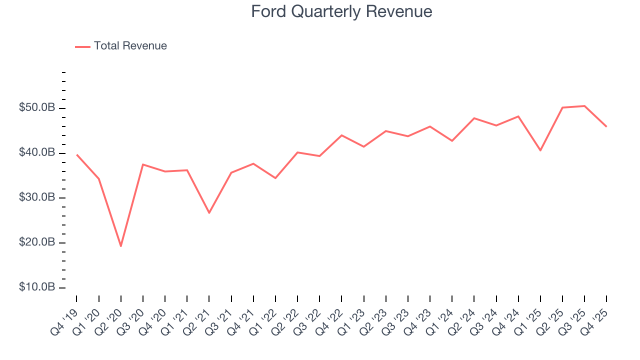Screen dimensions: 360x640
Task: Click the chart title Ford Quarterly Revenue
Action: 341,11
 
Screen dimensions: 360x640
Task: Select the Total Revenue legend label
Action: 130,46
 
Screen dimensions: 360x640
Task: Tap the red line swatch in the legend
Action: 82,46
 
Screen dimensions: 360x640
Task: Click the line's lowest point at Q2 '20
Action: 120,246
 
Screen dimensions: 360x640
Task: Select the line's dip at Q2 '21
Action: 209,213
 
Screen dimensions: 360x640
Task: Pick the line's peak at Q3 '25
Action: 584,106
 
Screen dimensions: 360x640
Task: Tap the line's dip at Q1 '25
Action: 540,150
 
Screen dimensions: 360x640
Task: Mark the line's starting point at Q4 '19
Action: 76,154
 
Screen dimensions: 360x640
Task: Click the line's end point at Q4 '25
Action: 606,126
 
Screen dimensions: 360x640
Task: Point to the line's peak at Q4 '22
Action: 341,135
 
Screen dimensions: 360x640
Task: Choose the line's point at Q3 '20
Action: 143,164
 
